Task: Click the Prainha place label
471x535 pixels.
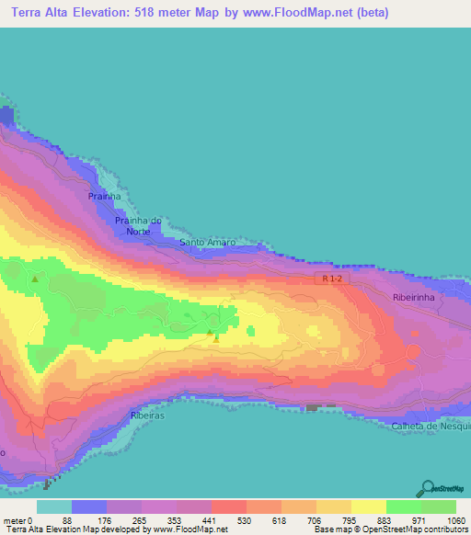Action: click(x=105, y=196)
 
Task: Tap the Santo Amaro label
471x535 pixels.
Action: click(x=207, y=243)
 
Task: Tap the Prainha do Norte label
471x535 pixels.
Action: click(x=138, y=225)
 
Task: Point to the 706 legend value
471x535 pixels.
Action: click(x=296, y=519)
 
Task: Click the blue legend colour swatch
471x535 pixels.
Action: click(x=89, y=507)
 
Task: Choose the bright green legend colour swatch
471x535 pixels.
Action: click(x=403, y=507)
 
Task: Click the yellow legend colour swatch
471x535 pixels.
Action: click(x=369, y=507)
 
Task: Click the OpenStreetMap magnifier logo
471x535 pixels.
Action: click(x=428, y=488)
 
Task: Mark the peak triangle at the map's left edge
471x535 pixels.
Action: click(x=35, y=278)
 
